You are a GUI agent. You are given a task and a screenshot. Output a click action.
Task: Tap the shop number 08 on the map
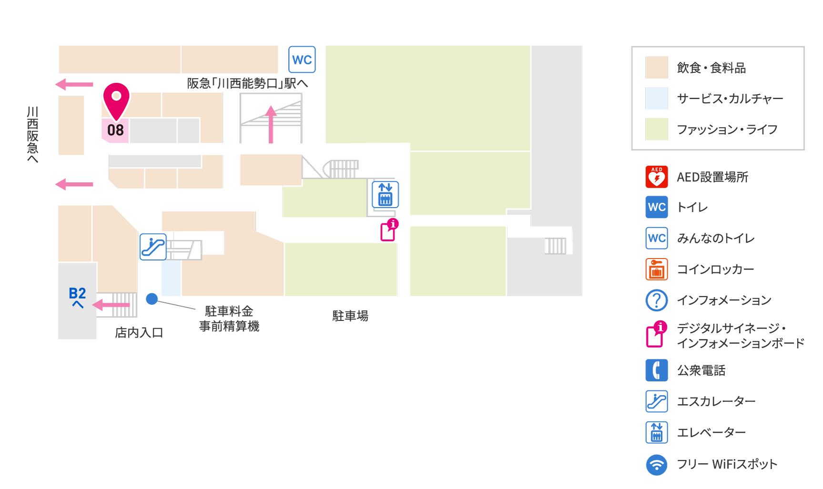(x=115, y=130)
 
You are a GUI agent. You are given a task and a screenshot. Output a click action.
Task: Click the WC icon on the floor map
(x=302, y=60)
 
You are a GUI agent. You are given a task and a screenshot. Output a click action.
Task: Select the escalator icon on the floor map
(x=153, y=247)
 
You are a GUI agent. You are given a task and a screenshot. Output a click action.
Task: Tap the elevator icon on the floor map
(x=385, y=194)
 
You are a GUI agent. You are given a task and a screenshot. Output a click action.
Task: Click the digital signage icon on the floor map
(x=389, y=230)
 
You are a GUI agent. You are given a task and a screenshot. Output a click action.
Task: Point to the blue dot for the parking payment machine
(x=152, y=299)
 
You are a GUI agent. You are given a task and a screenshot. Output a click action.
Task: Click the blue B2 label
(x=77, y=293)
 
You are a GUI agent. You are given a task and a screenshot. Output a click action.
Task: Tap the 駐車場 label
(x=350, y=316)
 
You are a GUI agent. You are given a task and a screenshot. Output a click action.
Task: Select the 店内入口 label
(x=139, y=332)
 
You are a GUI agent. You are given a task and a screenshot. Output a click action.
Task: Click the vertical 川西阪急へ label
(x=32, y=135)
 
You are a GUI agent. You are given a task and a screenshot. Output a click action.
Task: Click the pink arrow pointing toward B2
(x=111, y=305)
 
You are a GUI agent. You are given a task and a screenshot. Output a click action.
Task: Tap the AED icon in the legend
(x=657, y=177)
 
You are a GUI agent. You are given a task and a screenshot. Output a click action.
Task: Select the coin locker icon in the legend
(x=657, y=269)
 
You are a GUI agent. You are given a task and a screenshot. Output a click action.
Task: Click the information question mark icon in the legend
(x=657, y=300)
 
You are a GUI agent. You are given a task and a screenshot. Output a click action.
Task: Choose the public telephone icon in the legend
(x=657, y=370)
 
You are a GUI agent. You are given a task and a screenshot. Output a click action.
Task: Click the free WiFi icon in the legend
(x=657, y=464)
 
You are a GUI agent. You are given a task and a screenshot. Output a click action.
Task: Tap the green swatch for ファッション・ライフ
(x=657, y=129)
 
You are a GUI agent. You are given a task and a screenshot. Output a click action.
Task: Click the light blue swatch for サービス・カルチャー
(x=657, y=98)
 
